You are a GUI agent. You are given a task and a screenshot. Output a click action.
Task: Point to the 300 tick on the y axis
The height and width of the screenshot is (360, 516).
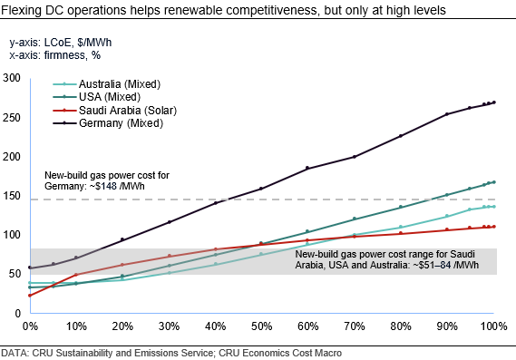[13, 78]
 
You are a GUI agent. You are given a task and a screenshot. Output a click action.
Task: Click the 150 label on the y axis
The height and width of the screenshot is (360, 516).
[13, 195]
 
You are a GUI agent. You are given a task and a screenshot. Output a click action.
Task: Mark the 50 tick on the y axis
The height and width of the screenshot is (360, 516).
[15, 274]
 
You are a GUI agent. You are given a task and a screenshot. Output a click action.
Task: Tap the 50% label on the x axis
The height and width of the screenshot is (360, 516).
[262, 326]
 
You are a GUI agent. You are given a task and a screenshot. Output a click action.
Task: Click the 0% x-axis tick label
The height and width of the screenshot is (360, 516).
[30, 326]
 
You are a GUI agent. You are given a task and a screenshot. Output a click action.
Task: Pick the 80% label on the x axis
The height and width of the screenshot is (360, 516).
[401, 326]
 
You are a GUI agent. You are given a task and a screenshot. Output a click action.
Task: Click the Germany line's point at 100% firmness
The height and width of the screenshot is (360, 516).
[494, 102]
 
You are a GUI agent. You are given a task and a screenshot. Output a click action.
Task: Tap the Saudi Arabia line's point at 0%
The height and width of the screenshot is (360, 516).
[30, 296]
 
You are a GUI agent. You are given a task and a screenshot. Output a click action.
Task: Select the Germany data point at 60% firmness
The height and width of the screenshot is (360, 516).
[308, 168]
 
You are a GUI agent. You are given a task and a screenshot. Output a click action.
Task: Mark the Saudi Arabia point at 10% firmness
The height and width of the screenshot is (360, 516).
[76, 274]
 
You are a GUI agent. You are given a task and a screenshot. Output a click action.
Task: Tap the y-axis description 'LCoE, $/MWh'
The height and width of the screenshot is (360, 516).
[73, 42]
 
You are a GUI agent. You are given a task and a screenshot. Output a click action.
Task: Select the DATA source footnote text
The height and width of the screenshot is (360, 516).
[171, 351]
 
